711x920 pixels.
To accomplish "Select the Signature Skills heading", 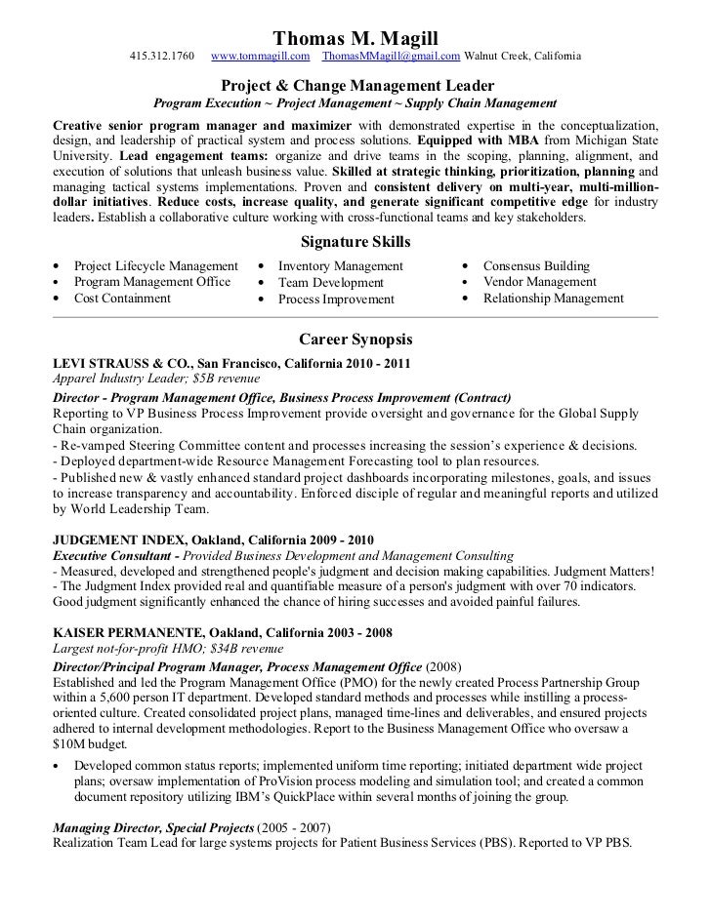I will point(355,242).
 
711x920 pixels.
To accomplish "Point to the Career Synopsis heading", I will point(355,340).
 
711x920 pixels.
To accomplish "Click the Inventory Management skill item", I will point(340,265).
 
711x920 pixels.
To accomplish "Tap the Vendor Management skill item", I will point(539,282).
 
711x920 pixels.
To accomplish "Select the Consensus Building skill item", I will point(536,265).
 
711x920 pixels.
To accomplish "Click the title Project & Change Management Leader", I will point(355,86).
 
